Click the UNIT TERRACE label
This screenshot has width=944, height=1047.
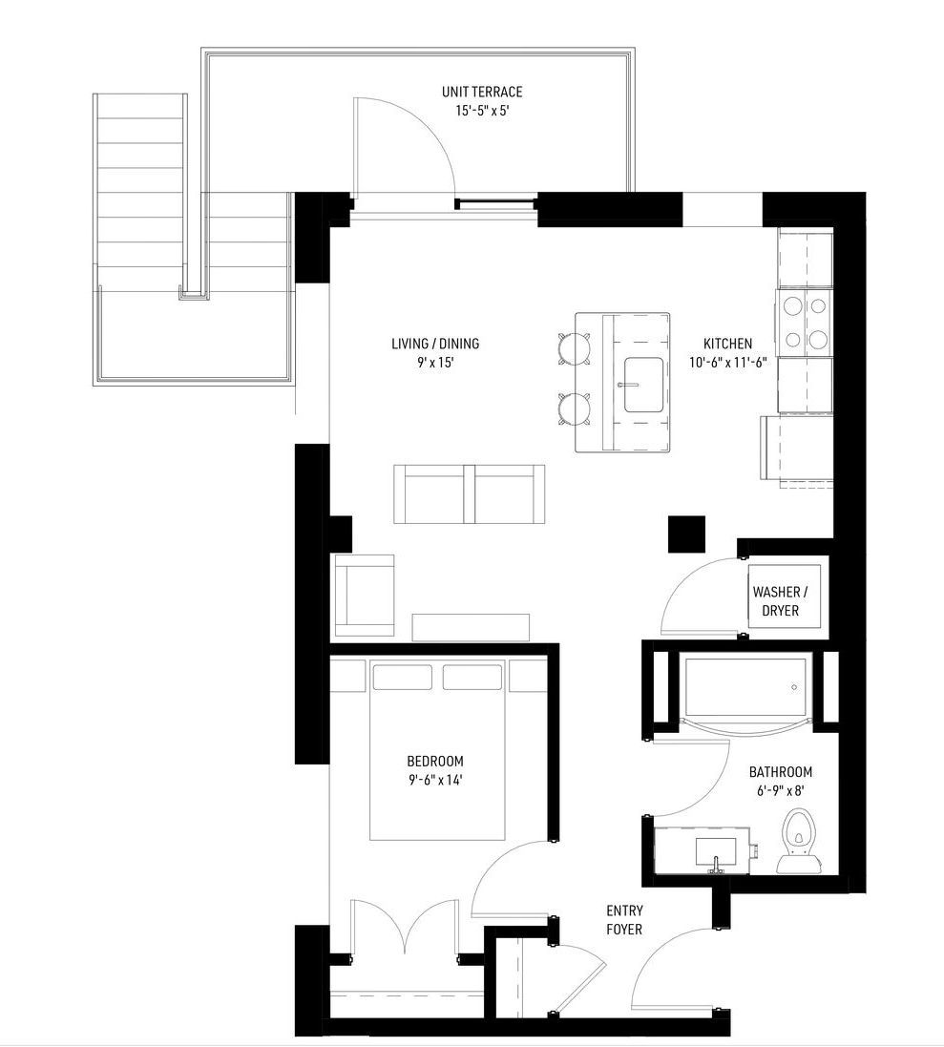[x=482, y=92]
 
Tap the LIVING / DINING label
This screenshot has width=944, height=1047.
[x=435, y=344]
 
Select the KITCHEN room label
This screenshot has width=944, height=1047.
[x=727, y=344]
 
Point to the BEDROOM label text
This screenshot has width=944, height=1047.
[x=435, y=762]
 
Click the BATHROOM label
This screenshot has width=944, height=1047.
[x=781, y=772]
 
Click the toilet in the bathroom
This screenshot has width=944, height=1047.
[x=799, y=840]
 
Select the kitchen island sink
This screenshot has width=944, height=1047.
[x=643, y=384]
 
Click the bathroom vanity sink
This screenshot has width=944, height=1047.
[x=716, y=850]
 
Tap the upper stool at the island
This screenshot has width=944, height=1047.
[x=575, y=348]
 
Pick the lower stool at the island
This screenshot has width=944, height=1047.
[x=575, y=408]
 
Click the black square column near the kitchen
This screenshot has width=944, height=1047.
[x=687, y=534]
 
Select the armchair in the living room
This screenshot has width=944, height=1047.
[x=364, y=595]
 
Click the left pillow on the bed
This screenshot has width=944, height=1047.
[x=401, y=677]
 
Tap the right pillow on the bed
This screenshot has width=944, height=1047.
[x=472, y=677]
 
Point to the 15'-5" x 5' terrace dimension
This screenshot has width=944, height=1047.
[x=482, y=111]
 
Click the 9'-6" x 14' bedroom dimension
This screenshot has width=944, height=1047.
[x=435, y=780]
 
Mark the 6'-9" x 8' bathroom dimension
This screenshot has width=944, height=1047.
[x=781, y=790]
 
